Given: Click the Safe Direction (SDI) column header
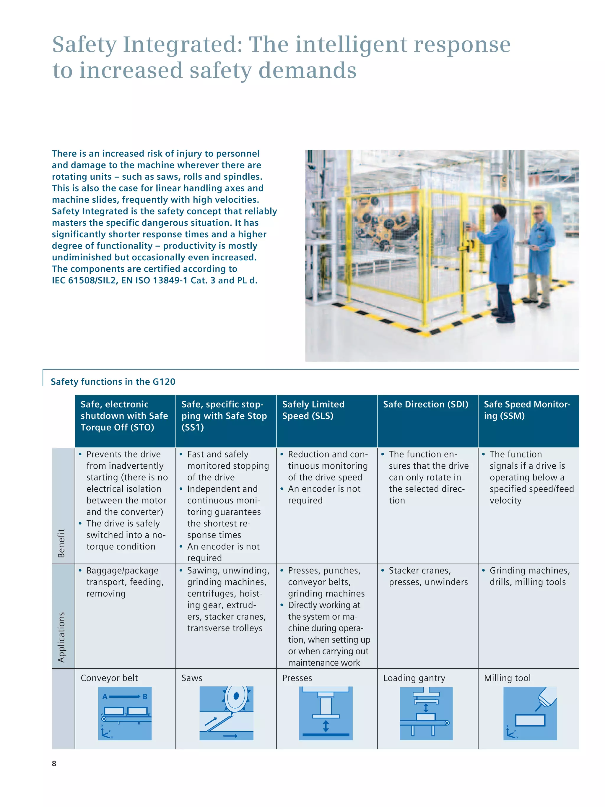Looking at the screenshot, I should pyautogui.click(x=425, y=404).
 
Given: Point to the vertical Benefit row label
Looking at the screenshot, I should pyautogui.click(x=61, y=543).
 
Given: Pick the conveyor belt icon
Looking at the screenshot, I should pyautogui.click(x=125, y=713).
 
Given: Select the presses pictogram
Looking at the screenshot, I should pyautogui.click(x=326, y=713).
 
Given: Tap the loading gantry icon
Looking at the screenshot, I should pyautogui.click(x=426, y=713).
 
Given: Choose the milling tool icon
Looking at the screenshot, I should pyautogui.click(x=530, y=713).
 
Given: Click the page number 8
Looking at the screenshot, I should pyautogui.click(x=54, y=763).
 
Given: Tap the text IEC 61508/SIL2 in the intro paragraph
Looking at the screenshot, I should pyautogui.click(x=84, y=280).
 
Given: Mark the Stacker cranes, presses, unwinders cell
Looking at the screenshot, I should pyautogui.click(x=428, y=577).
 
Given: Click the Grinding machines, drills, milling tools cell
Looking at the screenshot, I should pyautogui.click(x=529, y=577).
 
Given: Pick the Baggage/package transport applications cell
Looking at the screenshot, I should pyautogui.click(x=125, y=582).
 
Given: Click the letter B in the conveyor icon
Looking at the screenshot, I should pyautogui.click(x=145, y=696).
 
